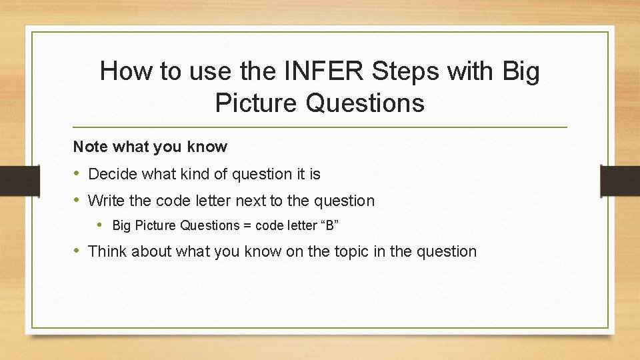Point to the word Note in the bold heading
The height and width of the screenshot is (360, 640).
tap(89, 147)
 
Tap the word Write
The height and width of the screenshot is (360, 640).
tap(105, 201)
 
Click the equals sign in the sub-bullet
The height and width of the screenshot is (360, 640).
tap(247, 226)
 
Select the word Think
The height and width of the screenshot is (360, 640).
tap(107, 252)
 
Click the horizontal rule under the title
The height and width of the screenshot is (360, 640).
tap(320, 127)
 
